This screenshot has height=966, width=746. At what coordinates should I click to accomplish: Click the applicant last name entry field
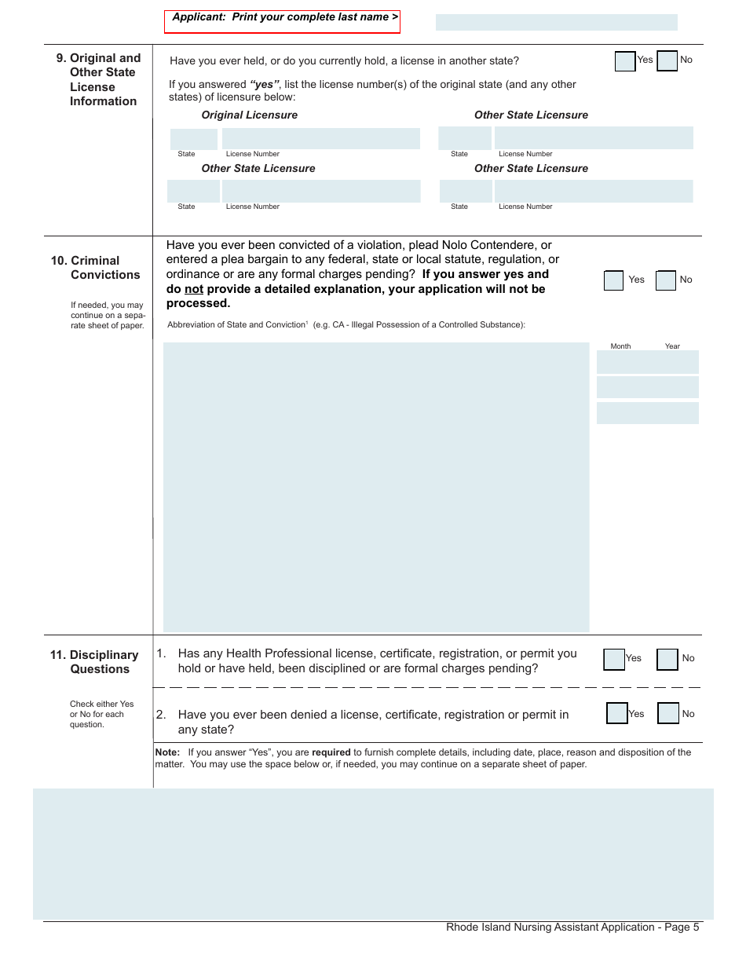[x=556, y=22]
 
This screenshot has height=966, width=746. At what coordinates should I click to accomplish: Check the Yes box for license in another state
[x=625, y=61]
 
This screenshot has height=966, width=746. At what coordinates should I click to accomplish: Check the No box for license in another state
[x=667, y=61]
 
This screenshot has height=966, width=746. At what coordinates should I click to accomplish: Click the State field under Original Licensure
[x=194, y=139]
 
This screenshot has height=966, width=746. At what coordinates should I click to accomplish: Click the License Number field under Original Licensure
[x=320, y=139]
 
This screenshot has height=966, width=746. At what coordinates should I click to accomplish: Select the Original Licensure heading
[x=250, y=115]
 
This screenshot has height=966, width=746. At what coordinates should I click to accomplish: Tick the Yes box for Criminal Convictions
[x=613, y=280]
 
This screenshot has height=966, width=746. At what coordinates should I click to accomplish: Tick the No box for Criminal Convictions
[x=665, y=280]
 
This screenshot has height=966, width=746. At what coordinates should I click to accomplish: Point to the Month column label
[x=620, y=346]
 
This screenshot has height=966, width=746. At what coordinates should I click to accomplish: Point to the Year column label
[x=672, y=346]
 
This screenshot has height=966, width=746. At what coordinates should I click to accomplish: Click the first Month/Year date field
[x=647, y=362]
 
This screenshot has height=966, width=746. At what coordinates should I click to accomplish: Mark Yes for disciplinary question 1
[x=614, y=659]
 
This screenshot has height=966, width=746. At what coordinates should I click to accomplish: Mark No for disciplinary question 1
[x=667, y=659]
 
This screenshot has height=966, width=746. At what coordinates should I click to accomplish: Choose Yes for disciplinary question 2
[x=617, y=713]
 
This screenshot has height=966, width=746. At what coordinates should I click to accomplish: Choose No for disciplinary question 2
[x=667, y=713]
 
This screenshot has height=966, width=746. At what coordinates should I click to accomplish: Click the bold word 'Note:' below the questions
[x=167, y=752]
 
